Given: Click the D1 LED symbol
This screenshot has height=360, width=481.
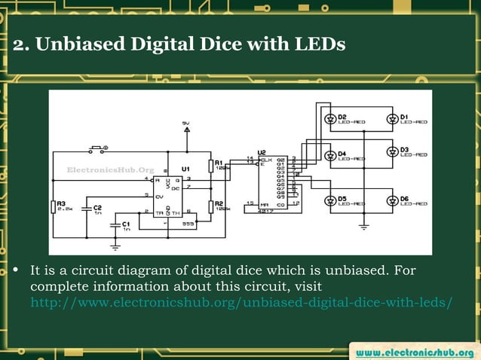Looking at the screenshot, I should (x=392, y=119).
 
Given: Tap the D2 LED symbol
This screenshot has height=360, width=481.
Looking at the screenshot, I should (x=330, y=119).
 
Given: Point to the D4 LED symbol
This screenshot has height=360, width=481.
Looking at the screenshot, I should (x=330, y=157).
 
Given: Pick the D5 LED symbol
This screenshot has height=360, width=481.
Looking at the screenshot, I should (x=330, y=200).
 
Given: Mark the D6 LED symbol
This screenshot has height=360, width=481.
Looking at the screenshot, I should (x=392, y=200).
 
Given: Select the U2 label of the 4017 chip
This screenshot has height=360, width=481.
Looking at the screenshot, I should (x=262, y=151).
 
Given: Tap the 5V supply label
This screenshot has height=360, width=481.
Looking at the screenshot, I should (x=185, y=123).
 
